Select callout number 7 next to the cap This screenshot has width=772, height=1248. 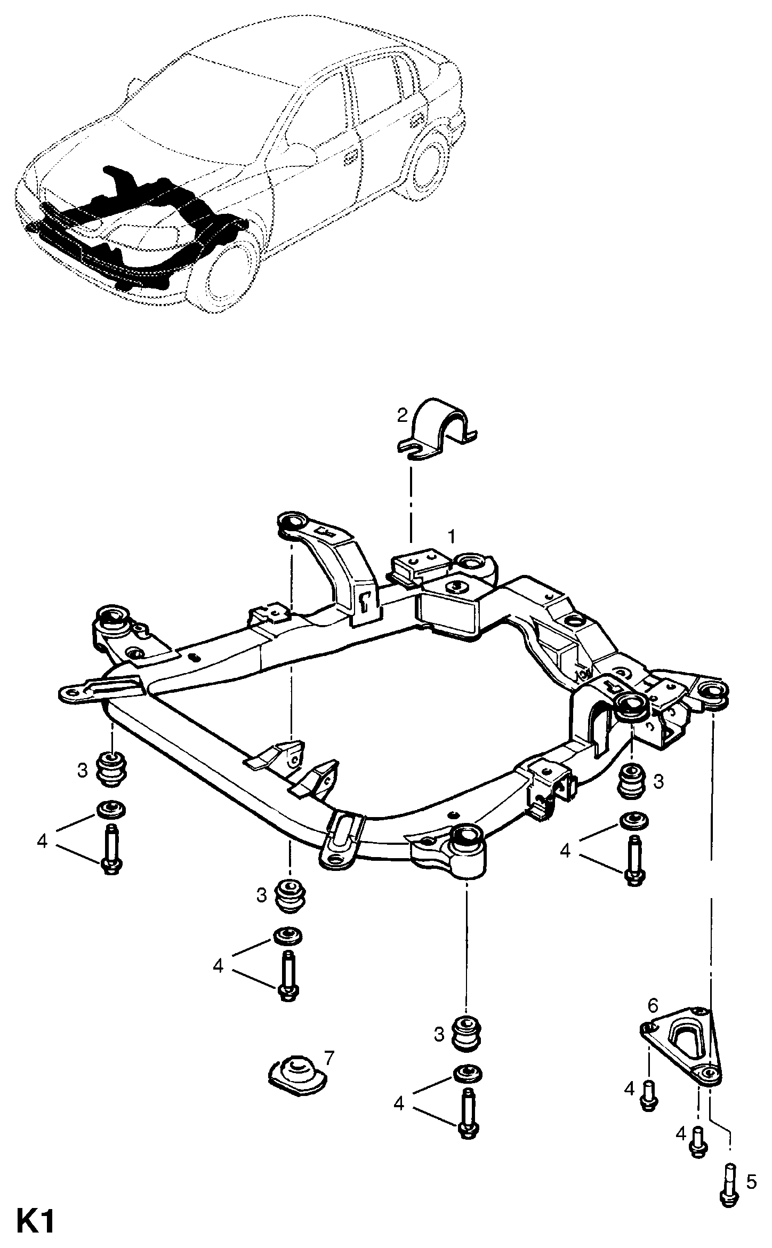[x=329, y=1057]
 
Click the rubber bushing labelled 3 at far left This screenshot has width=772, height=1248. [x=112, y=770]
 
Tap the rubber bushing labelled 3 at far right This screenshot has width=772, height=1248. [x=631, y=781]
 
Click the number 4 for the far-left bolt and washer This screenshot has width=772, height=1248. [x=42, y=841]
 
